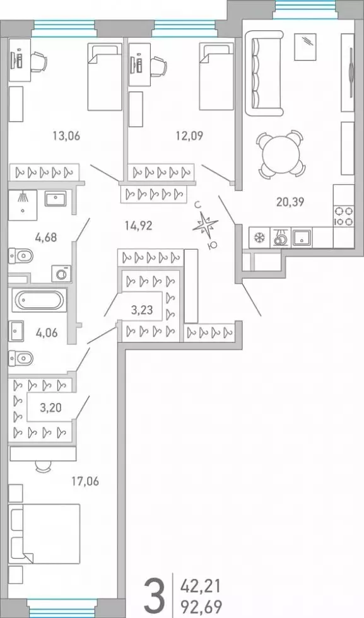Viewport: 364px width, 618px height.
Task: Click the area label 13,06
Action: point(66,136)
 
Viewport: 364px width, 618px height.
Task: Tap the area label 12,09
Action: point(189,136)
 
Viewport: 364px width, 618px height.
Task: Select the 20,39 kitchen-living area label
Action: point(290,202)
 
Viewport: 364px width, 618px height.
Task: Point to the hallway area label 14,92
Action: point(138,226)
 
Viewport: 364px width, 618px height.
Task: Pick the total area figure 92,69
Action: point(201,605)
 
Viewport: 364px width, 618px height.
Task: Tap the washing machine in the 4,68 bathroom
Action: point(61,273)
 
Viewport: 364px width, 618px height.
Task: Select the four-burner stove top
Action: point(343,216)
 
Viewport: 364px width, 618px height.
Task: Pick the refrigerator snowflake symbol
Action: point(259,238)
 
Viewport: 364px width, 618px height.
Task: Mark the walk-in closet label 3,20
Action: point(50,407)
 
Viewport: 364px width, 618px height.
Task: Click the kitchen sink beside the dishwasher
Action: point(302,238)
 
